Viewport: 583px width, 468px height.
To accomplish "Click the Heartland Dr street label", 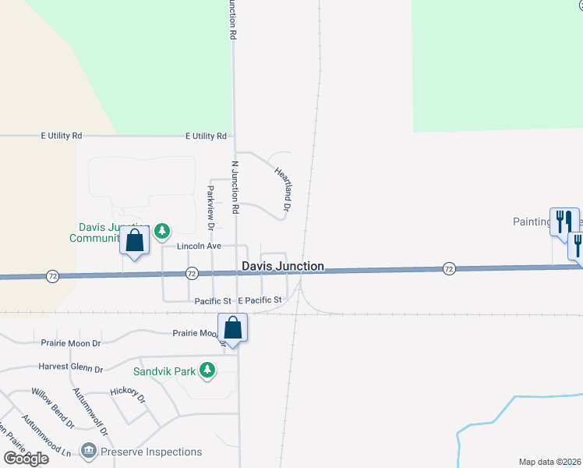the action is pyautogui.click(x=282, y=188).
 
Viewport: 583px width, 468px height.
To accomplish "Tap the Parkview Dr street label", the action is pyautogui.click(x=210, y=207).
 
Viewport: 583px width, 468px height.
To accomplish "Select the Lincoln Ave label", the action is pyautogui.click(x=200, y=246).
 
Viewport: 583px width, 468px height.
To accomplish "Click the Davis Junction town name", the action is pyautogui.click(x=283, y=266).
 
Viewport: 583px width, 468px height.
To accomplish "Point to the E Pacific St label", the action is pyautogui.click(x=260, y=300).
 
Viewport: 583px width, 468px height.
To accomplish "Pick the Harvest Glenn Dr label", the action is pyautogui.click(x=70, y=367).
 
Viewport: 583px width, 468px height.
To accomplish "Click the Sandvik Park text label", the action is pyautogui.click(x=163, y=371).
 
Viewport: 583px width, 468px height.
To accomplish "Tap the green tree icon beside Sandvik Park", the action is pyautogui.click(x=207, y=370).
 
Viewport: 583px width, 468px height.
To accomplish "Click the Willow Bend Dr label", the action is pyautogui.click(x=53, y=409).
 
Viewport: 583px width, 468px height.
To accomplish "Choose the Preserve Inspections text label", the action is pyautogui.click(x=151, y=452).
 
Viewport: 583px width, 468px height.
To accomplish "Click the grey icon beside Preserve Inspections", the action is pyautogui.click(x=88, y=451).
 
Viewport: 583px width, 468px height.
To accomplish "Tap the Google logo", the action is pyautogui.click(x=26, y=459).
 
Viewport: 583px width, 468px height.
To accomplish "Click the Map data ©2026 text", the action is pyautogui.click(x=550, y=462).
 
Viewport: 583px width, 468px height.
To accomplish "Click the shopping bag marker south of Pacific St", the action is pyautogui.click(x=233, y=328).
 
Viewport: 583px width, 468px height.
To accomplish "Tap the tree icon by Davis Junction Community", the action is pyautogui.click(x=161, y=230).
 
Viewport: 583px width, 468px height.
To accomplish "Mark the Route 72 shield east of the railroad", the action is pyautogui.click(x=449, y=268).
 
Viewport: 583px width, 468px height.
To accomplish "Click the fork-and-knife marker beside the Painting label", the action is pyautogui.click(x=564, y=221).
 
